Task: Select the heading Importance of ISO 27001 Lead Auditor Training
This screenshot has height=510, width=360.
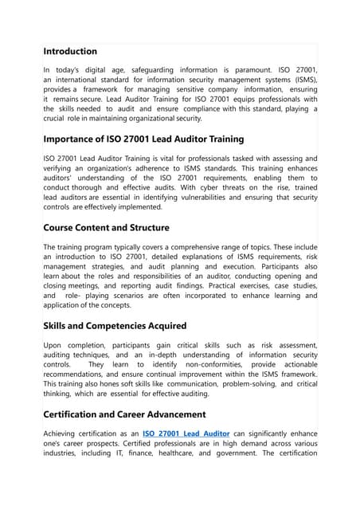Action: pyautogui.click(x=143, y=139)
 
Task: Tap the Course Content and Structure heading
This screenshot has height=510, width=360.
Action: pyautogui.click(x=106, y=227)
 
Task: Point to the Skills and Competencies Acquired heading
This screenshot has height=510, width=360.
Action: pyautogui.click(x=115, y=325)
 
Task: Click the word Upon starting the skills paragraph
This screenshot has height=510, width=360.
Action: pyautogui.click(x=54, y=346)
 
